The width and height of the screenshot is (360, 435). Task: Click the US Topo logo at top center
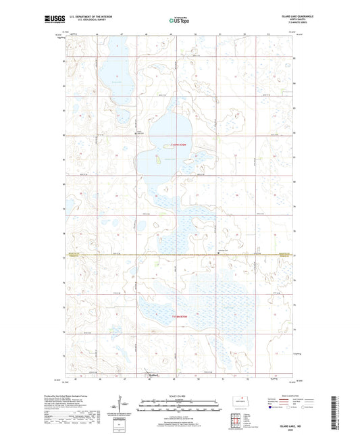pyautogui.click(x=178, y=20)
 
